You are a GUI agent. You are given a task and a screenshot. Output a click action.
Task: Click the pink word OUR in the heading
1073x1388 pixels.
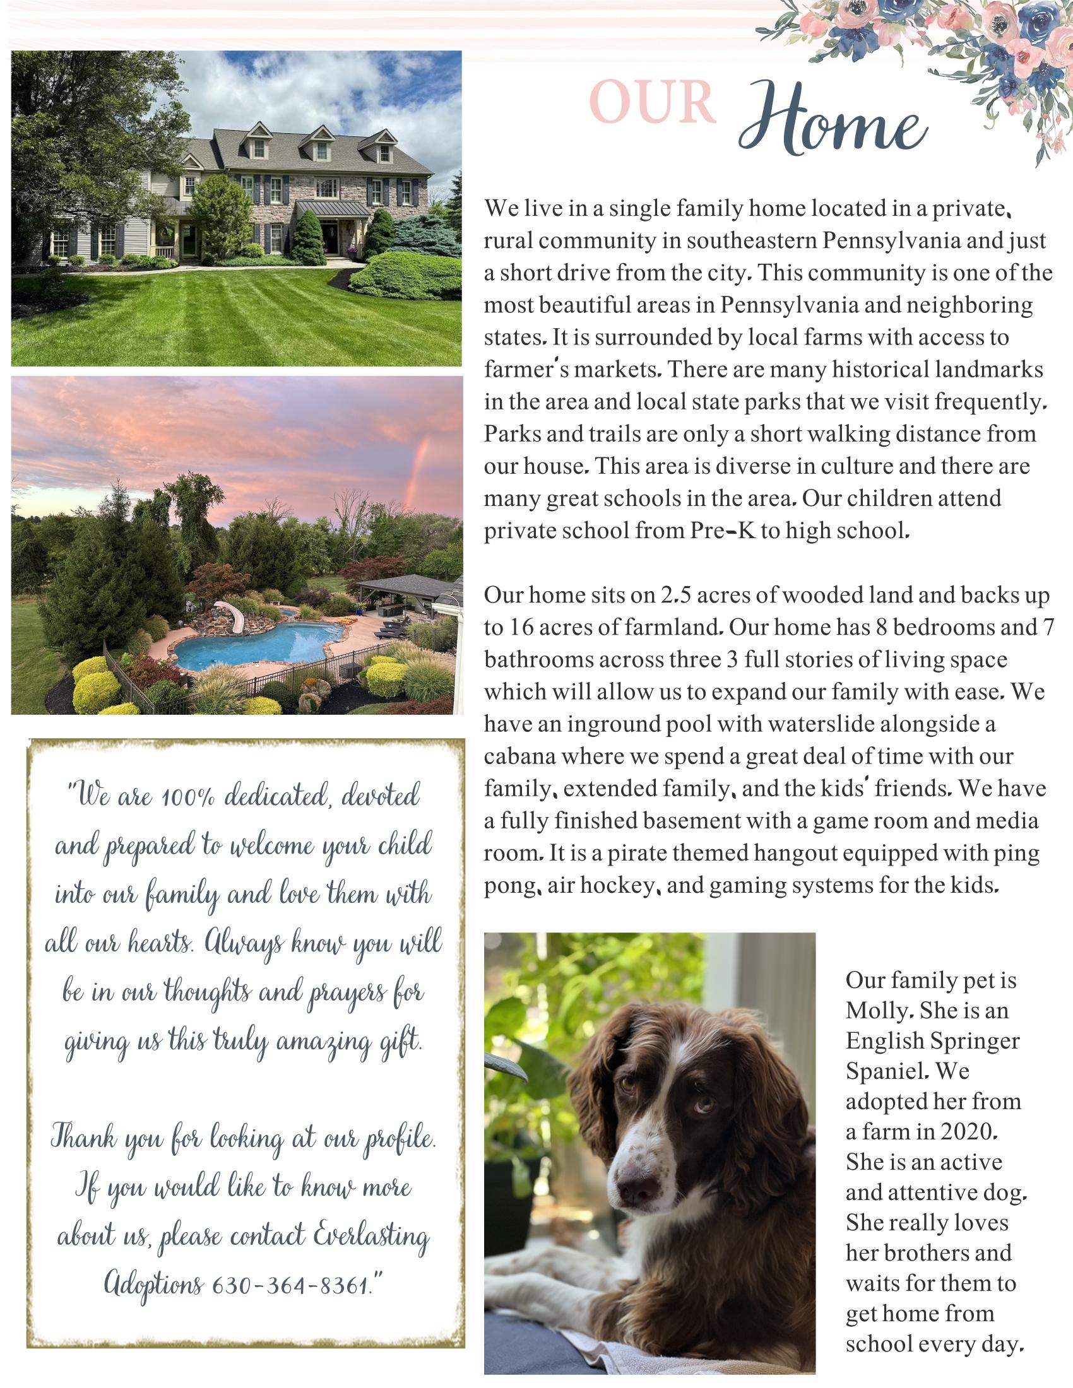click(x=653, y=102)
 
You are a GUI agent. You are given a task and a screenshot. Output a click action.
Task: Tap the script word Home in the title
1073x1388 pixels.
click(x=833, y=121)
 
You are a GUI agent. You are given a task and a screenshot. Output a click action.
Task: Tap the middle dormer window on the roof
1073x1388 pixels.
click(x=322, y=150)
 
